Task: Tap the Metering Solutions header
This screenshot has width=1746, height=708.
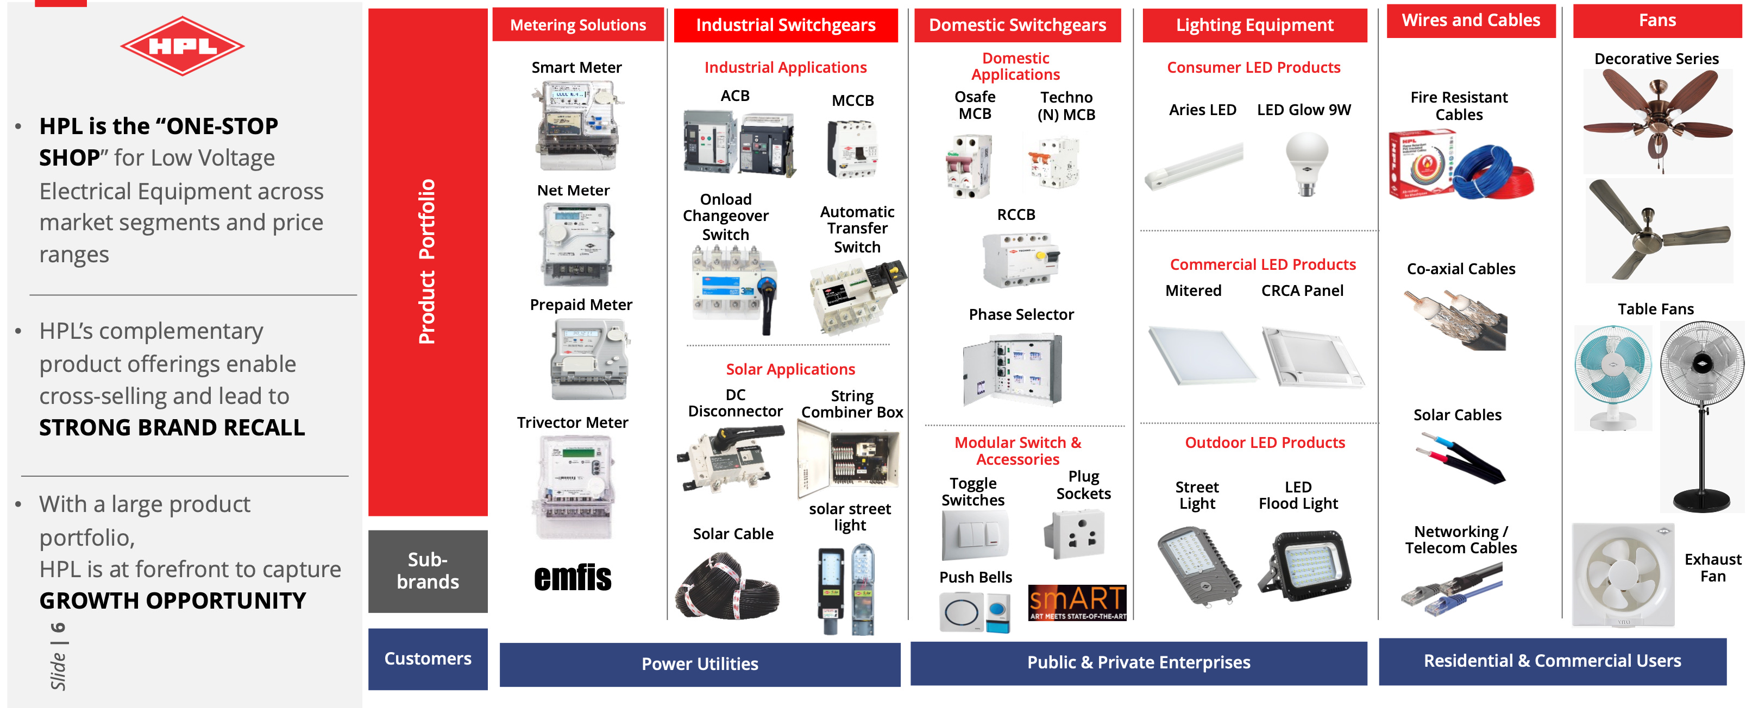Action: tap(577, 25)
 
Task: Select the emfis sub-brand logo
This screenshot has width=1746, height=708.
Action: tap(573, 578)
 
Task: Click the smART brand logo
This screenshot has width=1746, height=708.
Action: tap(1077, 602)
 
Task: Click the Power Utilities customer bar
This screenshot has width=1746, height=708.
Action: tap(700, 664)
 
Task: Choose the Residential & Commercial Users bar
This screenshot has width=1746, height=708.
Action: tap(1552, 661)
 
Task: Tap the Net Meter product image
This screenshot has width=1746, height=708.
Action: tap(576, 244)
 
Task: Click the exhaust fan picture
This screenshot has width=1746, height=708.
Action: tap(1623, 574)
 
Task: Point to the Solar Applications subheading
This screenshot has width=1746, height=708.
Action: tap(790, 369)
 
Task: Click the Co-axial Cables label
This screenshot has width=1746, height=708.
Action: tap(1461, 269)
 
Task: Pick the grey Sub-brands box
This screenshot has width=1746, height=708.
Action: tap(428, 571)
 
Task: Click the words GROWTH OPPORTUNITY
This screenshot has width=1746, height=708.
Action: tap(173, 601)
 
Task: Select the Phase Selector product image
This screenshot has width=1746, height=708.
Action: tap(1013, 370)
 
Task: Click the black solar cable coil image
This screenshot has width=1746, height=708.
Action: tap(727, 586)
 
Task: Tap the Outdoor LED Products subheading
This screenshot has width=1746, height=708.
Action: tap(1264, 442)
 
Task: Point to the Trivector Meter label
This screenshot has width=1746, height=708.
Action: tap(572, 423)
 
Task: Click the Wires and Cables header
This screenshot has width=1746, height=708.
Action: tap(1471, 20)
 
